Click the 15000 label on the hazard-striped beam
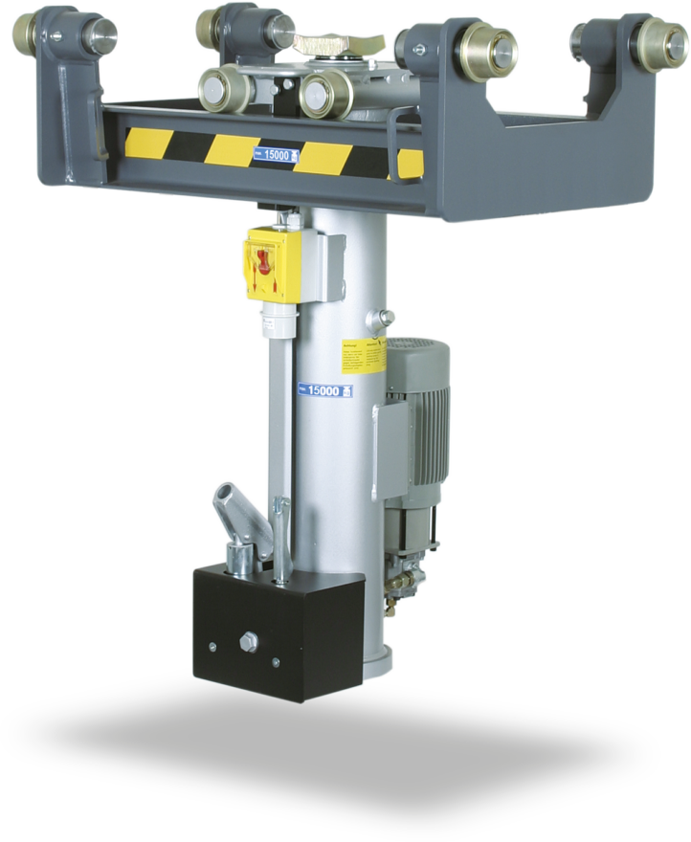(x=276, y=153)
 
